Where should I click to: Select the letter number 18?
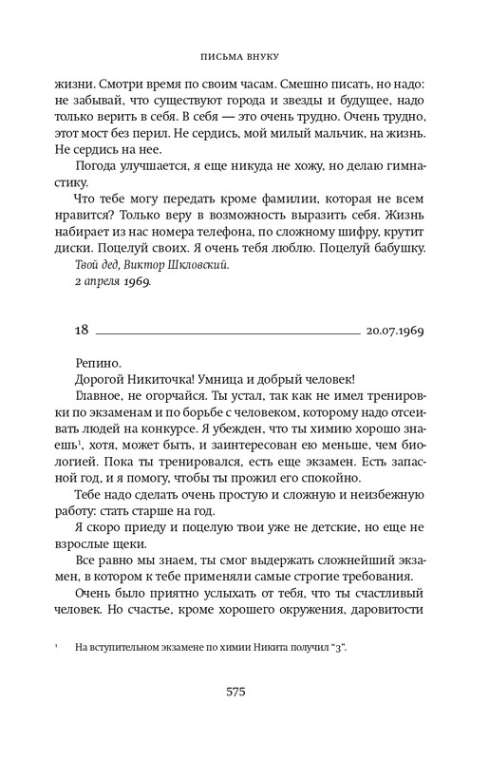(x=81, y=330)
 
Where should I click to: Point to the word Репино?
(x=97, y=363)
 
